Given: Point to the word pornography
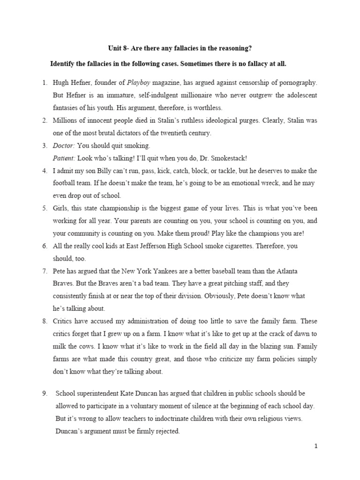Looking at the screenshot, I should point(296,83).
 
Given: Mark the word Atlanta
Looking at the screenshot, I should point(285,271).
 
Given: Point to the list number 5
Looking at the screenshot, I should point(45,208).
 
